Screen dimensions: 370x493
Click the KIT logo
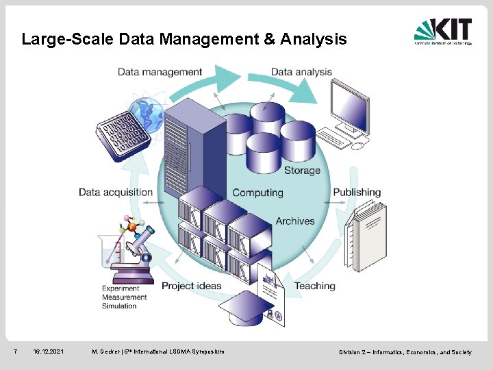[442, 32]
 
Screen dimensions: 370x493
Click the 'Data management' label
[160, 72]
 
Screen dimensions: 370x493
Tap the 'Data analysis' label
[301, 72]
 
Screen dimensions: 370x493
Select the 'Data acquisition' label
[115, 192]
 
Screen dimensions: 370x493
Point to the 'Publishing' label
[357, 192]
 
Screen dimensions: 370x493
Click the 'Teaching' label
[315, 286]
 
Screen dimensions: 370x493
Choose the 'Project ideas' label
[191, 286]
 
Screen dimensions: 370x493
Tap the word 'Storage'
[302, 170]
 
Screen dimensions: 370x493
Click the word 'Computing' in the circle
[257, 193]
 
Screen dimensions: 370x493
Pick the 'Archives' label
[295, 221]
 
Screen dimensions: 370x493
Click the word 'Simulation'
[119, 306]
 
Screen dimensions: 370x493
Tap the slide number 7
[15, 352]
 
